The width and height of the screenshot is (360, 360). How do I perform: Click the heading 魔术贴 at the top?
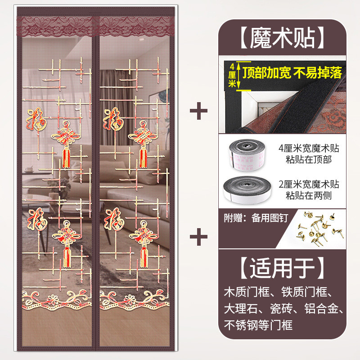283,38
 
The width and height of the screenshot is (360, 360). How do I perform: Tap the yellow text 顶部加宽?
267,73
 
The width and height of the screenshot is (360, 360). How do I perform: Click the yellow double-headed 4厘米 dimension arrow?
239,76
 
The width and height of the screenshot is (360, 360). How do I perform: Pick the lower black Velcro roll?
247,189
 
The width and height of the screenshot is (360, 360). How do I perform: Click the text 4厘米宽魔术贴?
309,148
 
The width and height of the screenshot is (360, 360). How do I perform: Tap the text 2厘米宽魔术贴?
309,184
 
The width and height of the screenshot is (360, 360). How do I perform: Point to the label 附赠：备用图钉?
256,218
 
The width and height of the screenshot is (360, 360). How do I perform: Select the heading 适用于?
282,268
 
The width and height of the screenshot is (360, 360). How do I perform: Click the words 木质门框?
247,292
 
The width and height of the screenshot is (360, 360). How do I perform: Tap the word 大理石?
241,308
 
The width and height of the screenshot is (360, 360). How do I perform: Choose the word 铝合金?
321,308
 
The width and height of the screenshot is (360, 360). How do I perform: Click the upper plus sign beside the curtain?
198,111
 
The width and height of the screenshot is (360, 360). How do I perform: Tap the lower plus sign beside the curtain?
198,237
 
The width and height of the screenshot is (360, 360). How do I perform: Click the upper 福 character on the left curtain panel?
37,119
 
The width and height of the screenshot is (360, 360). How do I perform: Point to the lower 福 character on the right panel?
114,219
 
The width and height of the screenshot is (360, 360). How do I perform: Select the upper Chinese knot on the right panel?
143,144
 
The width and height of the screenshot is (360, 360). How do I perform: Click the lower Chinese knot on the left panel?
67,244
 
